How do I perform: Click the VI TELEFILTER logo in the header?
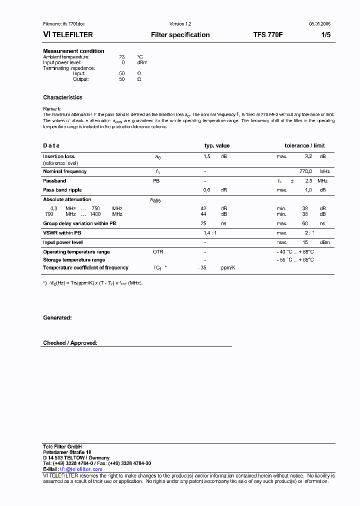click(x=68, y=35)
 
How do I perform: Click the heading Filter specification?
click(x=180, y=35)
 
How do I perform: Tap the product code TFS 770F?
click(x=268, y=35)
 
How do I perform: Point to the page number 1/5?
click(x=325, y=35)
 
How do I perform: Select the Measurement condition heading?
click(x=73, y=51)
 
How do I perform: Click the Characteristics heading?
click(x=62, y=97)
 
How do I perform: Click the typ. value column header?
click(x=217, y=145)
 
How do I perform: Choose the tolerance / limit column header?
click(x=304, y=145)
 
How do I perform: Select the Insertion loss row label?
click(x=58, y=156)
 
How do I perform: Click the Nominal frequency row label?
click(x=64, y=171)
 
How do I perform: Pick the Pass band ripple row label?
click(x=62, y=190)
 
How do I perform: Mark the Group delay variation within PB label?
click(x=79, y=223)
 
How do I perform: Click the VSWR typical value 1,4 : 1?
click(x=210, y=233)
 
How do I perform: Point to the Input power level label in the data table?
click(x=62, y=242)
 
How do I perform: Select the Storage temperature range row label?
click(x=74, y=260)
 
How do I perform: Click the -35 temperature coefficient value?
click(x=202, y=268)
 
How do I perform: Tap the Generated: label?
click(x=57, y=318)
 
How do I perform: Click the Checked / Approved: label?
click(x=70, y=343)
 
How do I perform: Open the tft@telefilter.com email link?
click(x=81, y=469)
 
